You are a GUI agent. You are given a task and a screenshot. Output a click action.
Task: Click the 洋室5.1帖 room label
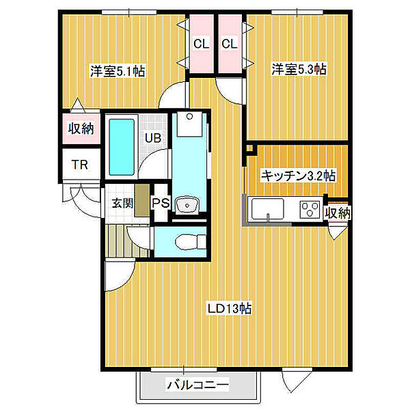(118, 70)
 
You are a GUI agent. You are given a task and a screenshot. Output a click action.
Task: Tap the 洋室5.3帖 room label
(299, 69)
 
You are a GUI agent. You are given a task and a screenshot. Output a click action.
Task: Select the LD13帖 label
(230, 309)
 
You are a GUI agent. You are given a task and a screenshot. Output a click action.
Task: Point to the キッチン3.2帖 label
(299, 176)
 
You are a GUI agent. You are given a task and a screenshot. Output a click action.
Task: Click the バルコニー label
(197, 385)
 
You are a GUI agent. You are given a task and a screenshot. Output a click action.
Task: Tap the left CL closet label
(202, 44)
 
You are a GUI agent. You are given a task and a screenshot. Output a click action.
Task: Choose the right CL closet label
(230, 44)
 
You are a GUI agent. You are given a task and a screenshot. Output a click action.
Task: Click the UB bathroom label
(153, 138)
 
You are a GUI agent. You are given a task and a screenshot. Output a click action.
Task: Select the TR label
(80, 165)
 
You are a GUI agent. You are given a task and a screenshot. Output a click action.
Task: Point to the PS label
(161, 203)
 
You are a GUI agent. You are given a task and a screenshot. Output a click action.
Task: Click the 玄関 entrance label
(123, 203)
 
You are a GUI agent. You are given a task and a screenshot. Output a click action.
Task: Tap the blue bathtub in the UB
(122, 147)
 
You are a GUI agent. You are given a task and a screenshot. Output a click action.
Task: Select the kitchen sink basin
(268, 209)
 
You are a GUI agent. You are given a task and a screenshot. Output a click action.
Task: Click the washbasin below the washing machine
(187, 205)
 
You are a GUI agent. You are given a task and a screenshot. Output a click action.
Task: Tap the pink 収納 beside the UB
(81, 128)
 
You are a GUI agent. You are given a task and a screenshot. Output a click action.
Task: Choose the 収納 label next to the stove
(338, 213)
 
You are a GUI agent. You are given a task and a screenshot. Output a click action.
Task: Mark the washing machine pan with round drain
(189, 124)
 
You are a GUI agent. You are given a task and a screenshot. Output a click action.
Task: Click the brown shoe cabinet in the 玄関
(142, 200)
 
